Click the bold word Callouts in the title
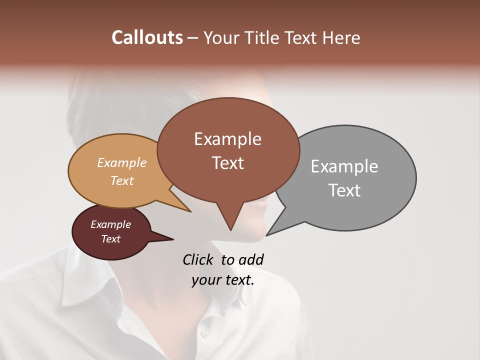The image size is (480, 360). coord(147,37)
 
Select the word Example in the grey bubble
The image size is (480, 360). coord(344,166)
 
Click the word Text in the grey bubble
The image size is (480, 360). coord(344,190)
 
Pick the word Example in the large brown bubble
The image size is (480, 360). coord(227,139)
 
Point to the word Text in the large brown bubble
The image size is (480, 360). coord(227,163)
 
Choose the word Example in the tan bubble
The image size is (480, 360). coord(121,163)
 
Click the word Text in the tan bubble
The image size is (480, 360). coord(121,180)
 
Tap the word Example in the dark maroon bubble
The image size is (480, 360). coord(110,224)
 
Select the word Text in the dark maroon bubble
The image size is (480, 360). coord(110,239)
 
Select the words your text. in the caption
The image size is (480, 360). coord(222,280)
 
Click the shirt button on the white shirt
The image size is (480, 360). coord(203,333)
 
